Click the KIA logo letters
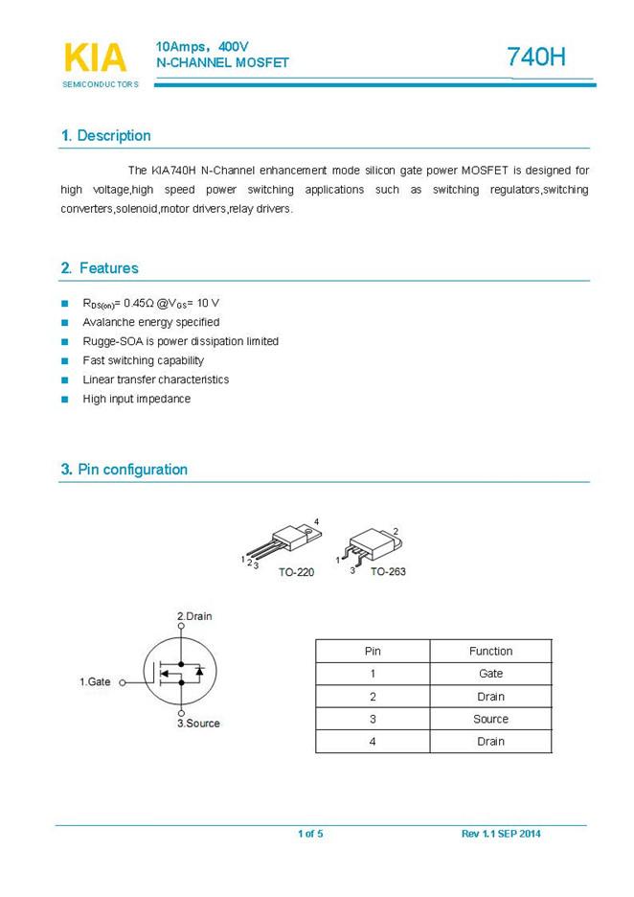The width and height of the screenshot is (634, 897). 95,57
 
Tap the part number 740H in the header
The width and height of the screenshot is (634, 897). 537,57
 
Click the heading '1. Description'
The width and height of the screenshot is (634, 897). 105,136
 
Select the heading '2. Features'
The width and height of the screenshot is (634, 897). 100,268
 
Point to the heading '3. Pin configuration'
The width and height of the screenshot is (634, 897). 124,470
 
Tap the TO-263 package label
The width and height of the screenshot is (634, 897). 389,571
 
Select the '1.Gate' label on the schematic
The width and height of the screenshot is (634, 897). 95,681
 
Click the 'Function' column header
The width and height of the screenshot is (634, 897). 490,651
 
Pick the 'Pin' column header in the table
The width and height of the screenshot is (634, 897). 373,651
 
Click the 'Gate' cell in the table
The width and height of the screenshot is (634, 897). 490,674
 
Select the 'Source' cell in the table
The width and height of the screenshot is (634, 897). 490,719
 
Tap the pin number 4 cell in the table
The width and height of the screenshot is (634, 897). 373,742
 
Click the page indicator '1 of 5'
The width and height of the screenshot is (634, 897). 310,834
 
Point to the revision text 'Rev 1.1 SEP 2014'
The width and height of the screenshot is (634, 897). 501,834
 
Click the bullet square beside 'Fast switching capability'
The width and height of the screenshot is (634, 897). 65,361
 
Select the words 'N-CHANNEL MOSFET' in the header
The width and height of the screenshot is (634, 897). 222,62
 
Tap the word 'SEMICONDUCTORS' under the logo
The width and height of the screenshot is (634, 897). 101,84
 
